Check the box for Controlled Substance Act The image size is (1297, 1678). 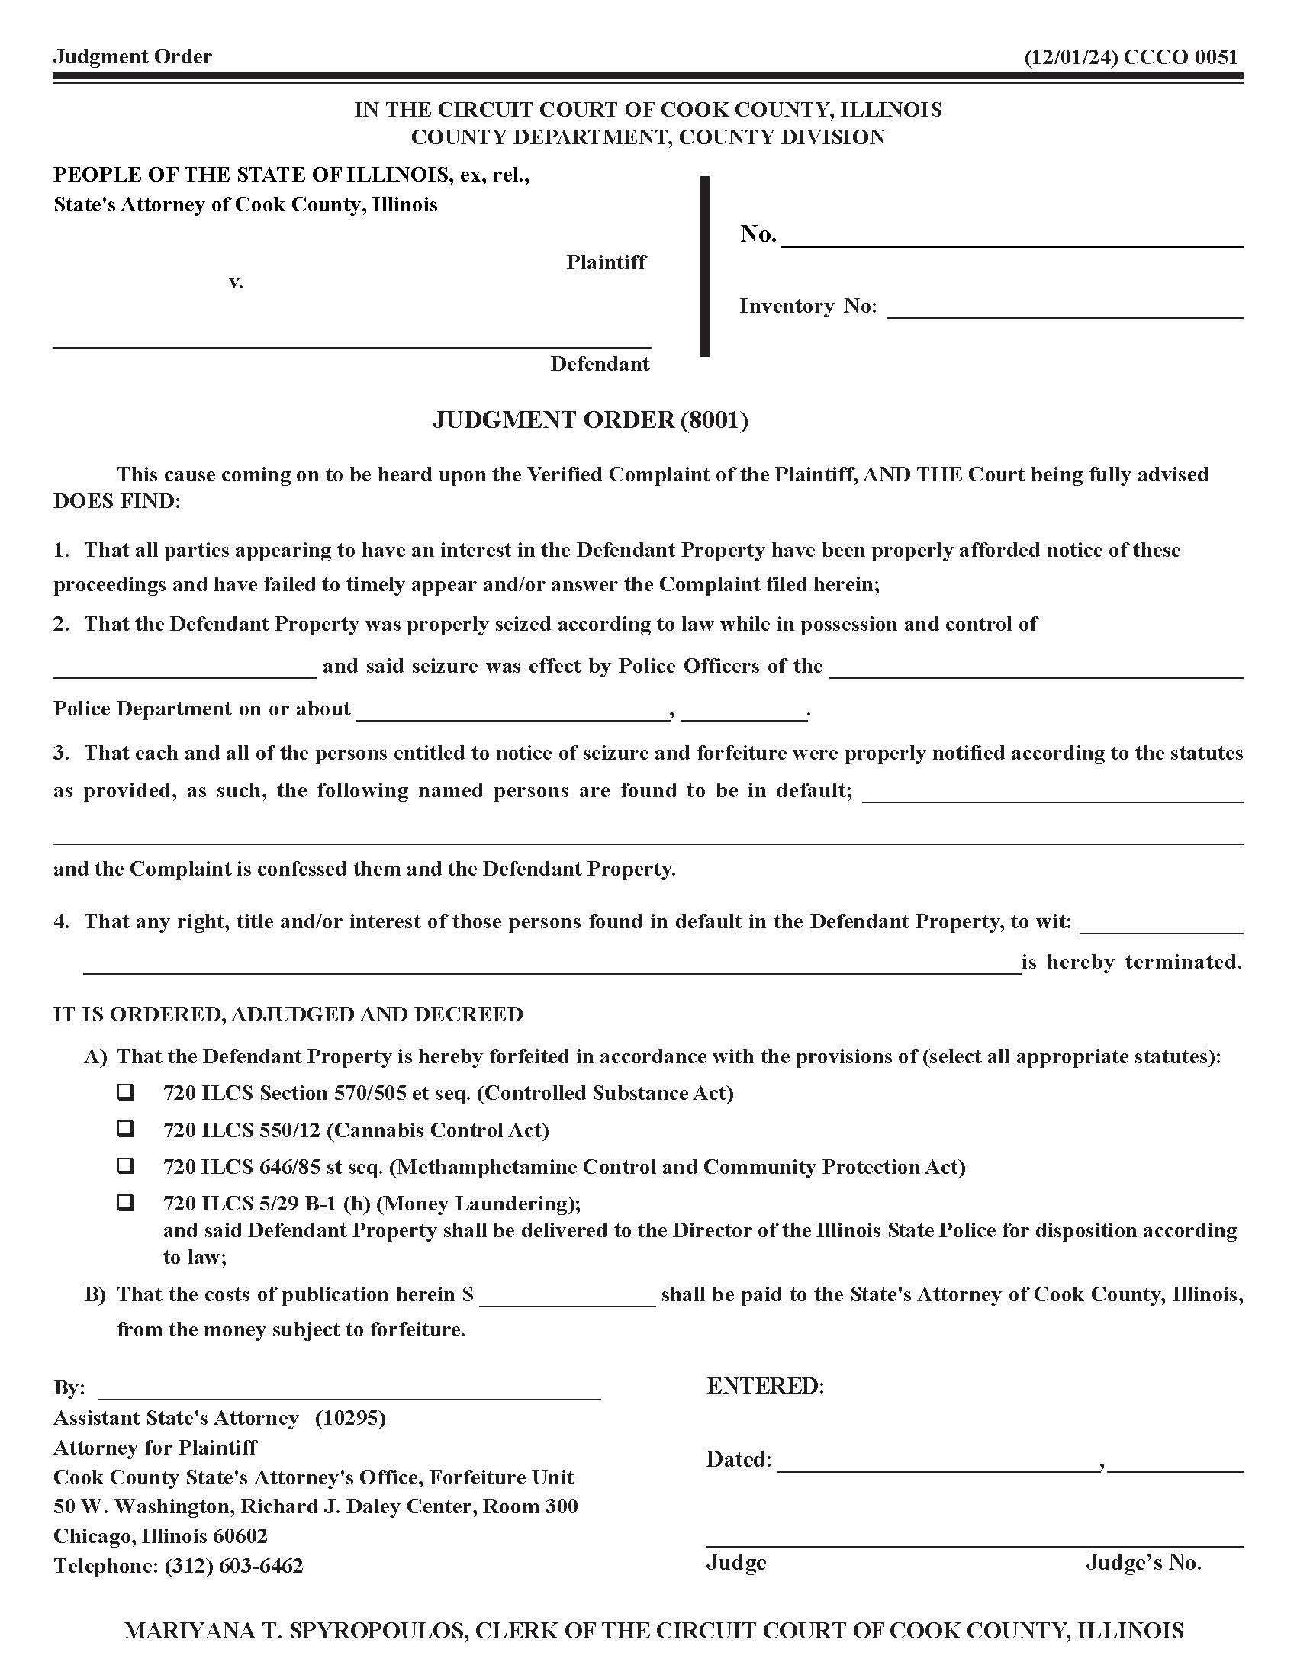[125, 1091]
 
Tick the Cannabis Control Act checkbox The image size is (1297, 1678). [125, 1129]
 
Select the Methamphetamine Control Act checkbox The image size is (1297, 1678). [125, 1165]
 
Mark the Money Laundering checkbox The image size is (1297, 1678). [125, 1202]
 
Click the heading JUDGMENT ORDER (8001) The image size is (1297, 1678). [589, 419]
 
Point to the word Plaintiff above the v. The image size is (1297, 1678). [607, 263]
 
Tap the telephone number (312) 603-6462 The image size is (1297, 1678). [233, 1566]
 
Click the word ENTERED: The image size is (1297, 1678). [764, 1386]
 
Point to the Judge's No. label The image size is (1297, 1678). [1143, 1562]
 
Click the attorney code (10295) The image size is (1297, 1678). [349, 1418]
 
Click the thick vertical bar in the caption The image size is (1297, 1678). [705, 267]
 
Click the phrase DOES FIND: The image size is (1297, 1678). [116, 502]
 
